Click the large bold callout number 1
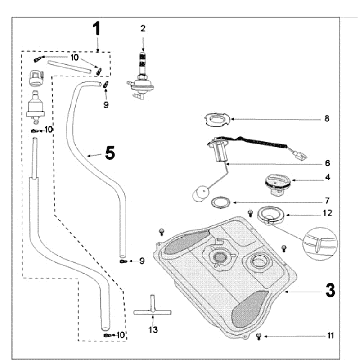coord(96,29)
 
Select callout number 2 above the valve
coord(143,29)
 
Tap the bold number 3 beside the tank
coord(330,291)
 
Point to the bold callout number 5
coord(110,153)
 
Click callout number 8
coord(327,119)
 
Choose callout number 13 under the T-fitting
coord(153,330)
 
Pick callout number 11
coord(330,336)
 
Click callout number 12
coord(328,213)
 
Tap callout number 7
coord(327,201)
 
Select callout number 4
coord(327,177)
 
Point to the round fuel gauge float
coord(200,194)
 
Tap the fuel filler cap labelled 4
coord(277,185)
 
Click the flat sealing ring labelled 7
coord(221,202)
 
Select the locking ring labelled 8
coord(216,120)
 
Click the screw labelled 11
coord(259,337)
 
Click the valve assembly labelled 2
coord(141,76)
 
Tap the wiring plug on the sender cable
coord(301,155)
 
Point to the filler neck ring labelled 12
coord(270,217)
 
